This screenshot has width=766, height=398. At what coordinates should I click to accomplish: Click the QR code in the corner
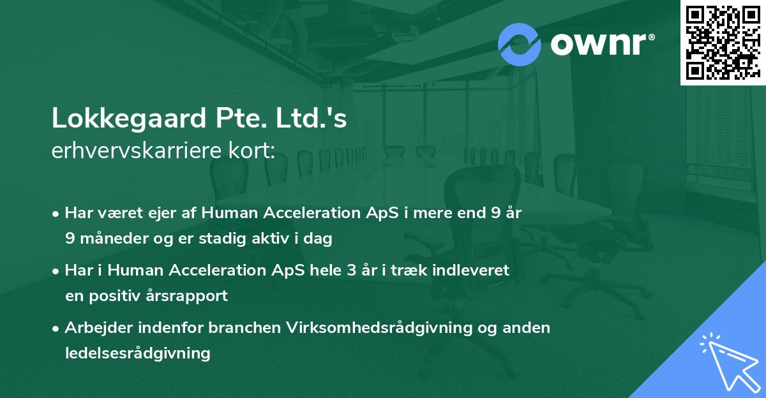click(x=721, y=43)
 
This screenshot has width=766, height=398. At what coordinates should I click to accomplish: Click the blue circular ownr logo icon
click(x=520, y=44)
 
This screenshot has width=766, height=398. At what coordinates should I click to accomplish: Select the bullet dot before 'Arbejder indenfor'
click(x=57, y=328)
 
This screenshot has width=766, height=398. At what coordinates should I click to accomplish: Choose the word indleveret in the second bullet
click(x=473, y=270)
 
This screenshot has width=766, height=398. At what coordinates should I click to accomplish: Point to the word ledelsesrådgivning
click(x=137, y=353)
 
